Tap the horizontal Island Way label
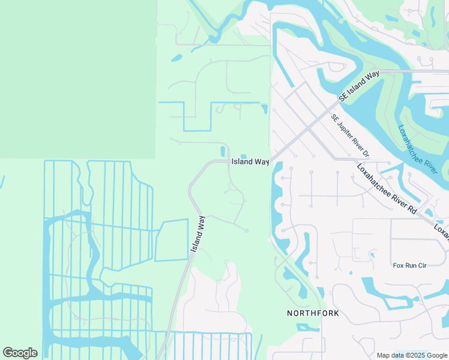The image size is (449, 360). tap(250, 162)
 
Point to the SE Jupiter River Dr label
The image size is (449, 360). tap(350, 136)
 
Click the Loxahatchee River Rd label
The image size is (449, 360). tap(387, 189)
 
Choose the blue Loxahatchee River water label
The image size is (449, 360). tap(417, 149)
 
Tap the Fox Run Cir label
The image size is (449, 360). tap(409, 265)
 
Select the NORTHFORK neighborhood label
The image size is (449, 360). tap(313, 313)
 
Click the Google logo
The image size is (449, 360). tap(20, 353)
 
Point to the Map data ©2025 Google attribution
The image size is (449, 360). tap(412, 355)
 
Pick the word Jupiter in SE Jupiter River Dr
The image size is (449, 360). tap(346, 132)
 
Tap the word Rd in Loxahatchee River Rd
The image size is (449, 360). tap(412, 209)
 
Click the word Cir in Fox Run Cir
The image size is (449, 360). tap(421, 265)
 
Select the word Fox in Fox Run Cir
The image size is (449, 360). tap(398, 265)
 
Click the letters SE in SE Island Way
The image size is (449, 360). tap(343, 98)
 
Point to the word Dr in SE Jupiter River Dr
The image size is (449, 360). tap(366, 154)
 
